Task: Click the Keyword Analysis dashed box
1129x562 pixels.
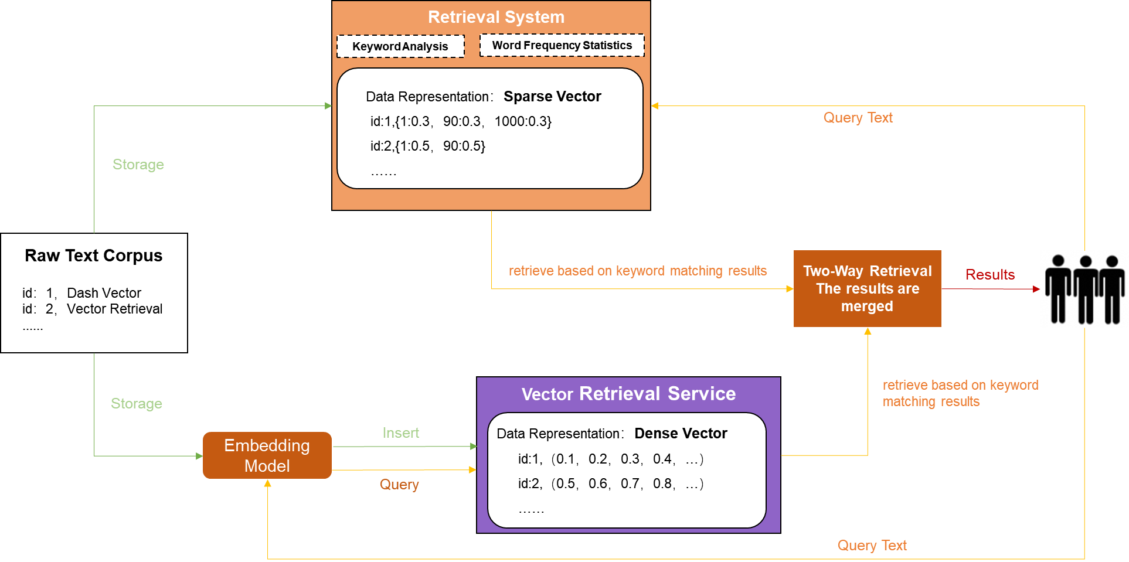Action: click(400, 46)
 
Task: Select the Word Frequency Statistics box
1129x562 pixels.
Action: click(562, 45)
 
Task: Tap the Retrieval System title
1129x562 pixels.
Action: click(496, 17)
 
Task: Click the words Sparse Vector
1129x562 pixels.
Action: click(552, 96)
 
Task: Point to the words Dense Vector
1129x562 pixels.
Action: click(681, 433)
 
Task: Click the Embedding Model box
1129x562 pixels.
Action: click(267, 455)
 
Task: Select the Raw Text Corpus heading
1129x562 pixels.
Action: click(94, 256)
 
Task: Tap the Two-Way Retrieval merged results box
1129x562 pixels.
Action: click(867, 288)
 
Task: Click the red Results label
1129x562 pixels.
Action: click(990, 274)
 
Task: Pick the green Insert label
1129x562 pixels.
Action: click(401, 432)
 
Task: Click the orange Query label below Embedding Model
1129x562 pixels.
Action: click(399, 484)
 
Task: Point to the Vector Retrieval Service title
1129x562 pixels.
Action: click(628, 393)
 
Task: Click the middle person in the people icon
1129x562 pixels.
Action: click(1086, 289)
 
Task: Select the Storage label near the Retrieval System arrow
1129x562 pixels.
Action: click(138, 164)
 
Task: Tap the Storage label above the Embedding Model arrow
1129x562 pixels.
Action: click(137, 403)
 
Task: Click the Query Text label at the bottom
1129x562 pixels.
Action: click(872, 545)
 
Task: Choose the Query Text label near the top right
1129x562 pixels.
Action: click(858, 117)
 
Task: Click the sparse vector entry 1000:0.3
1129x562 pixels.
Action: click(523, 121)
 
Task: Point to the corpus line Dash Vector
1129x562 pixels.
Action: click(104, 292)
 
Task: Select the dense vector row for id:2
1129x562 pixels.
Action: click(610, 483)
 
